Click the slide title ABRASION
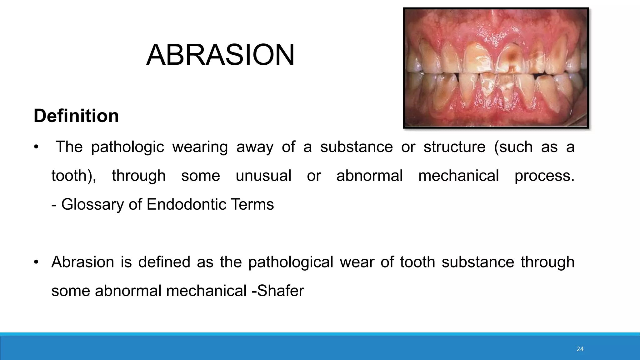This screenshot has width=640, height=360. [220, 55]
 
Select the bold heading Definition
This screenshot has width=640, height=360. [76, 116]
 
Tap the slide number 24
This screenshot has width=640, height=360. [580, 349]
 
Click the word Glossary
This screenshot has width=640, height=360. [92, 205]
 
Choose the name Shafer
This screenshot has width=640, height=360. [280, 291]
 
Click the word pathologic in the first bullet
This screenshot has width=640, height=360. [127, 147]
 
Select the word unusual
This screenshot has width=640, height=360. [263, 176]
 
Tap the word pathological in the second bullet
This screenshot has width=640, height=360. [291, 262]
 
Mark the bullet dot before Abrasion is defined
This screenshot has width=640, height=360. [36, 262]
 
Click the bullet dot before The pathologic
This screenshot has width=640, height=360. [36, 147]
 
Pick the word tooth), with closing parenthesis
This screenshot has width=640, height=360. [74, 176]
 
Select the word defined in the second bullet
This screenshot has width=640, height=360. [164, 262]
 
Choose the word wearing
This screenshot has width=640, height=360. [200, 147]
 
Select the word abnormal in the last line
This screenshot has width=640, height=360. [128, 291]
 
